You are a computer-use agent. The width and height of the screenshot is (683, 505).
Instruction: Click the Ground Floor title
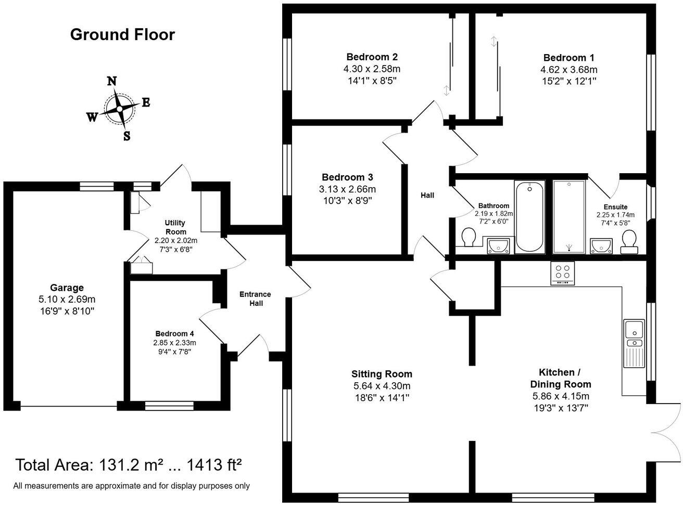[122, 35]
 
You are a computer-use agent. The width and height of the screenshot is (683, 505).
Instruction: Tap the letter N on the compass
[111, 81]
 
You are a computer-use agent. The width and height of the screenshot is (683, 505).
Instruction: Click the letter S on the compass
[127, 136]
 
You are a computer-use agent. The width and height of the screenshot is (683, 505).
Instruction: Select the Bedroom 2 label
[372, 57]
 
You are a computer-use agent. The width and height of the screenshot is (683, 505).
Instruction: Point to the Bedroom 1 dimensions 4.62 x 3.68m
[568, 70]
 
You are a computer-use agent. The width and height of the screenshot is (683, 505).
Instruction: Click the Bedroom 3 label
[347, 177]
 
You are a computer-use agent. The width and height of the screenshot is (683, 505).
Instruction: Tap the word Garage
[67, 288]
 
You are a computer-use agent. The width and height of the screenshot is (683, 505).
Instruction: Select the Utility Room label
[175, 227]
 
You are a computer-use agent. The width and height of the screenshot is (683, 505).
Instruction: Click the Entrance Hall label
[255, 299]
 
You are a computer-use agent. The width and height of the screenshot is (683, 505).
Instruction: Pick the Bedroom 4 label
[174, 334]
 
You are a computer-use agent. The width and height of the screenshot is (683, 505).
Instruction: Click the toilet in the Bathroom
[469, 239]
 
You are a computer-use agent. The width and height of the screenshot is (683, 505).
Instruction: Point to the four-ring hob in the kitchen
[562, 273]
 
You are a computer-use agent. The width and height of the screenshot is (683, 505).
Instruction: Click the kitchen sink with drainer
[634, 343]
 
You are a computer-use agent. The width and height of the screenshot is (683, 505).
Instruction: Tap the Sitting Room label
[382, 374]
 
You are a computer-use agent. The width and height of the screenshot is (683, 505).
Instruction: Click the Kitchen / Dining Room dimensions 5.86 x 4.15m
[560, 396]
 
